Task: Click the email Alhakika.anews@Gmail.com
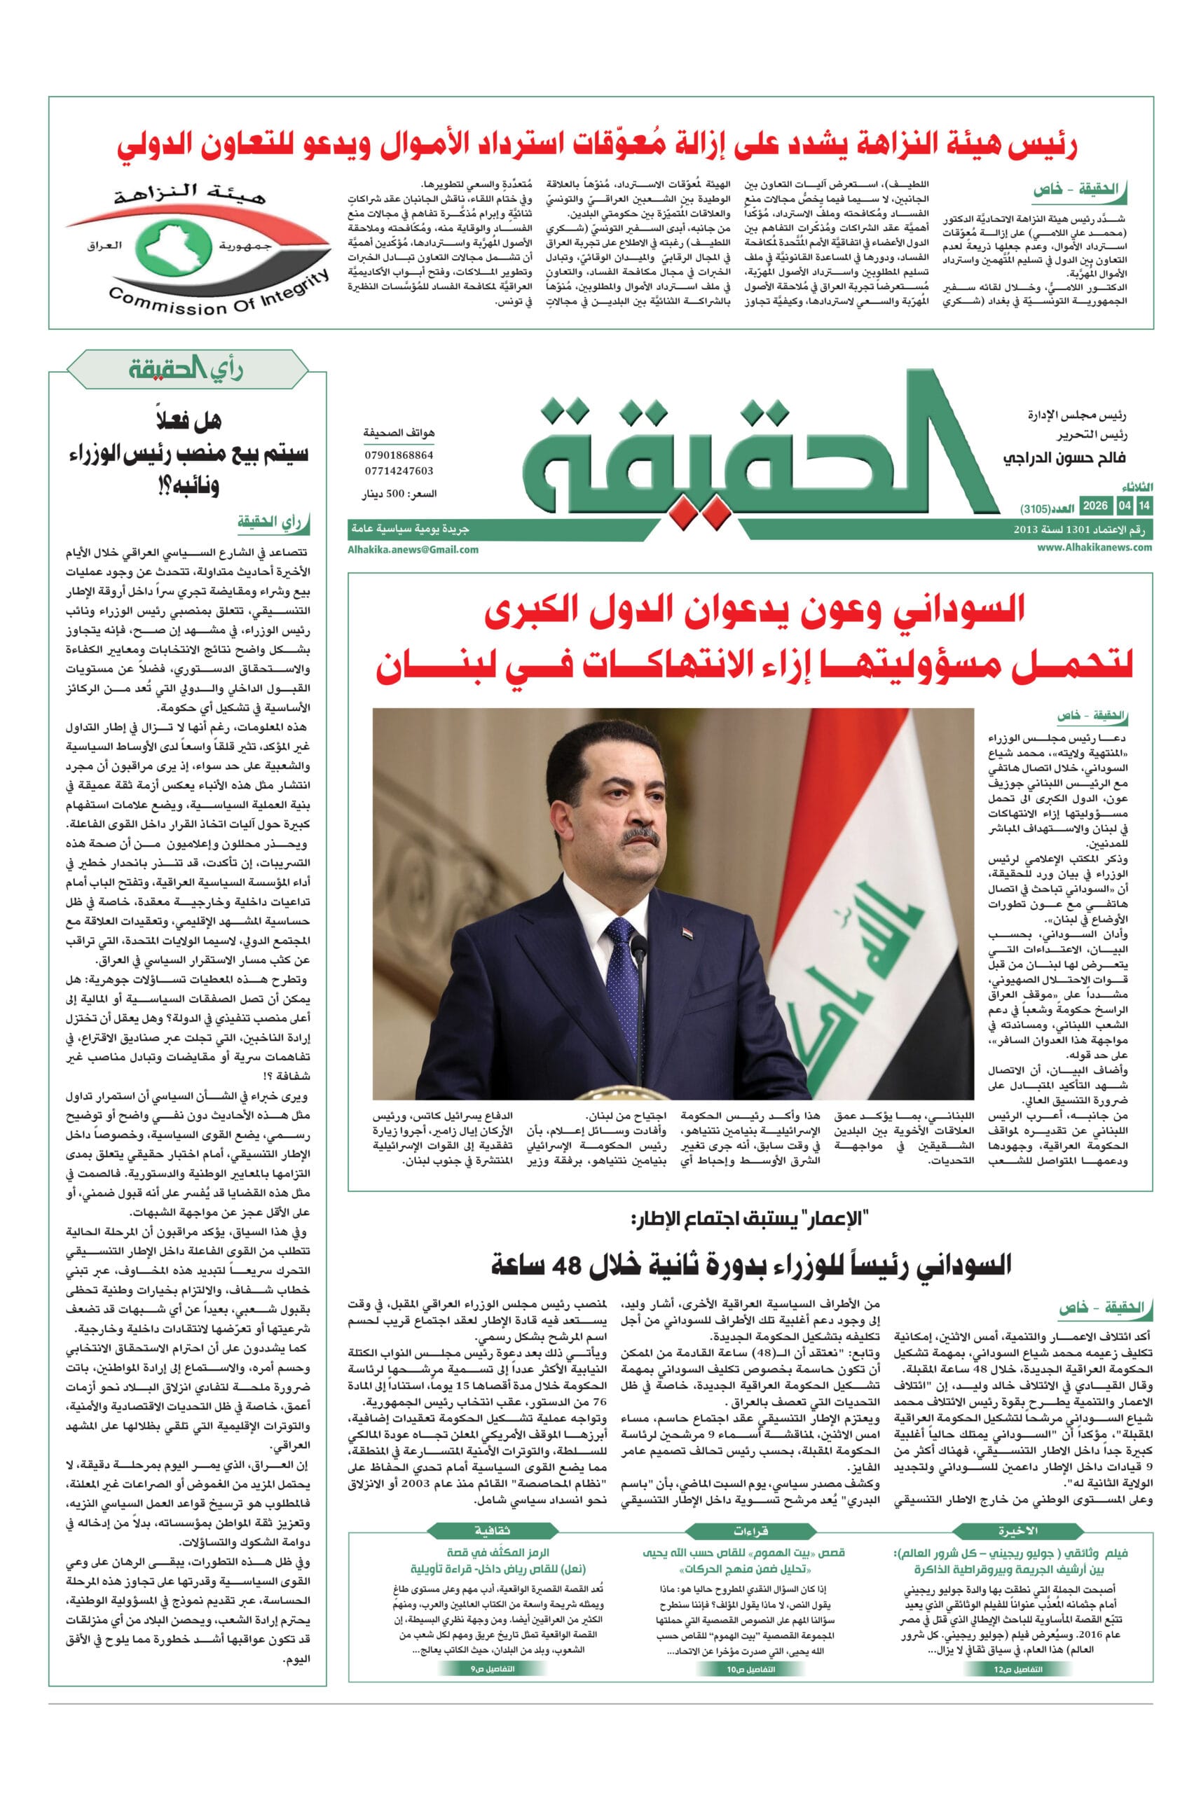(x=413, y=549)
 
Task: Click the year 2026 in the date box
(x=1095, y=506)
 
